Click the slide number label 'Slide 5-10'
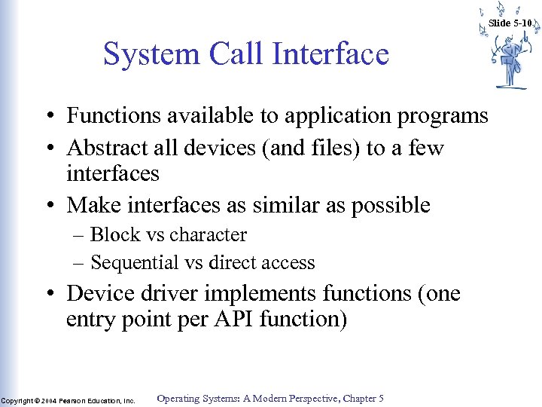(x=510, y=23)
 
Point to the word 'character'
(x=208, y=235)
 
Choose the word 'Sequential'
(x=132, y=263)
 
